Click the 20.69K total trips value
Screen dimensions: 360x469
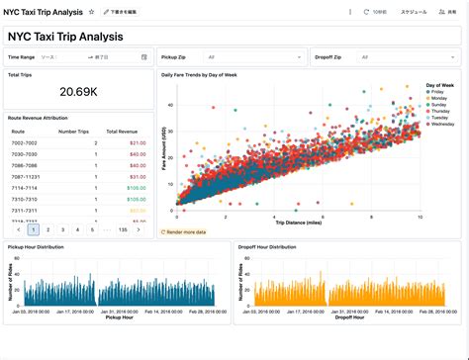tap(78, 92)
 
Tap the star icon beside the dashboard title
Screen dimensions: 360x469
tap(92, 12)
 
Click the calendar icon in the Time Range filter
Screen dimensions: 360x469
tap(144, 57)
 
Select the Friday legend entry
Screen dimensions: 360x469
tap(438, 91)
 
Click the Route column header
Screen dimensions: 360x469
tap(18, 131)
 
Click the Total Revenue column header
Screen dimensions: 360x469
tap(122, 131)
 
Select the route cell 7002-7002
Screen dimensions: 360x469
tap(25, 142)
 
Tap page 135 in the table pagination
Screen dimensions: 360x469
tap(123, 229)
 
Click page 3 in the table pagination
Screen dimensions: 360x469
tap(63, 229)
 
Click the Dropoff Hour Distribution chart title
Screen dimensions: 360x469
tap(267, 246)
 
